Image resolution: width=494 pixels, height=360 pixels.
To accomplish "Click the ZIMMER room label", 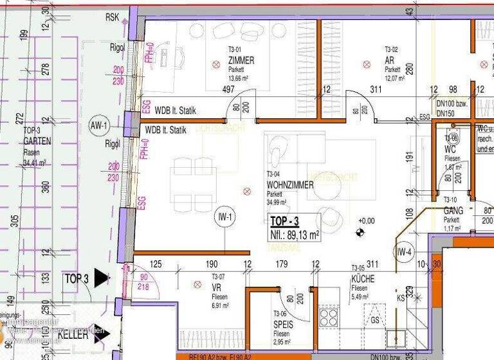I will coord(241,60).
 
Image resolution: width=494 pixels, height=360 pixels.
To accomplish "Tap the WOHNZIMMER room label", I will coord(290,185).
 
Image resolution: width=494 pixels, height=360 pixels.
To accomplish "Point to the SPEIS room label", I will coord(284,325).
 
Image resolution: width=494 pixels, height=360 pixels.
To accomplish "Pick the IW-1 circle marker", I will coord(225,217).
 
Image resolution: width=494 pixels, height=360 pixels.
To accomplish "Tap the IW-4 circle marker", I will coord(404,252).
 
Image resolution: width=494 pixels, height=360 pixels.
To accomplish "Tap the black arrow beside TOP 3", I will coord(102,278).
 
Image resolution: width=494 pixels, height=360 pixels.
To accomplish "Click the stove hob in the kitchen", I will coord(329,317).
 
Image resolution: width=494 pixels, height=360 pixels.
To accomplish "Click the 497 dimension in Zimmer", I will coord(228,90).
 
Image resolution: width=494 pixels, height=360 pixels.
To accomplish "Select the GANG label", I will coord(453,210).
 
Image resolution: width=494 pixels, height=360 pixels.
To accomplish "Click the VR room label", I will coord(217,287).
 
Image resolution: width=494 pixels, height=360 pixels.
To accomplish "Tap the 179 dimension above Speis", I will coord(281,264).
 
